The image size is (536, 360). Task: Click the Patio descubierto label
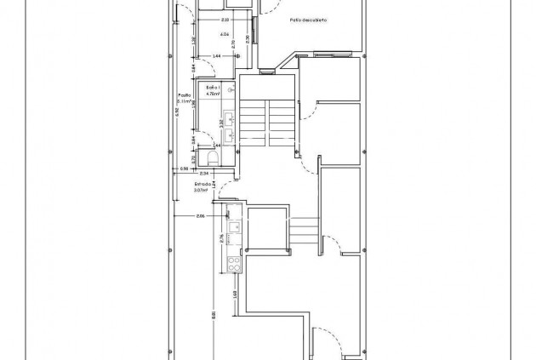point(308,18)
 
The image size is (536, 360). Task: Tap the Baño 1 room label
point(213,88)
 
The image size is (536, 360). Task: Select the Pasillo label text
point(185,95)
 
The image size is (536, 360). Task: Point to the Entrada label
point(202,184)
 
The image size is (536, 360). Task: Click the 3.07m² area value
point(202,191)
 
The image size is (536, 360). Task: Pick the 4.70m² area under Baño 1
point(213,94)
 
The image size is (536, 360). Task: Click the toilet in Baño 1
point(212,155)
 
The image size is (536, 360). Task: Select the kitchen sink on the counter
point(231,227)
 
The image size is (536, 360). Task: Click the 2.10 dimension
point(225,19)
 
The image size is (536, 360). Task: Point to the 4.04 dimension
point(225,34)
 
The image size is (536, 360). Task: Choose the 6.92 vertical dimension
point(177,111)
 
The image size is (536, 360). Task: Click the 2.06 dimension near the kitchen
point(200,217)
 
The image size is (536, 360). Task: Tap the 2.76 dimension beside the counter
point(222,237)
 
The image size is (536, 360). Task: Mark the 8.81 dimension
point(214,315)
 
